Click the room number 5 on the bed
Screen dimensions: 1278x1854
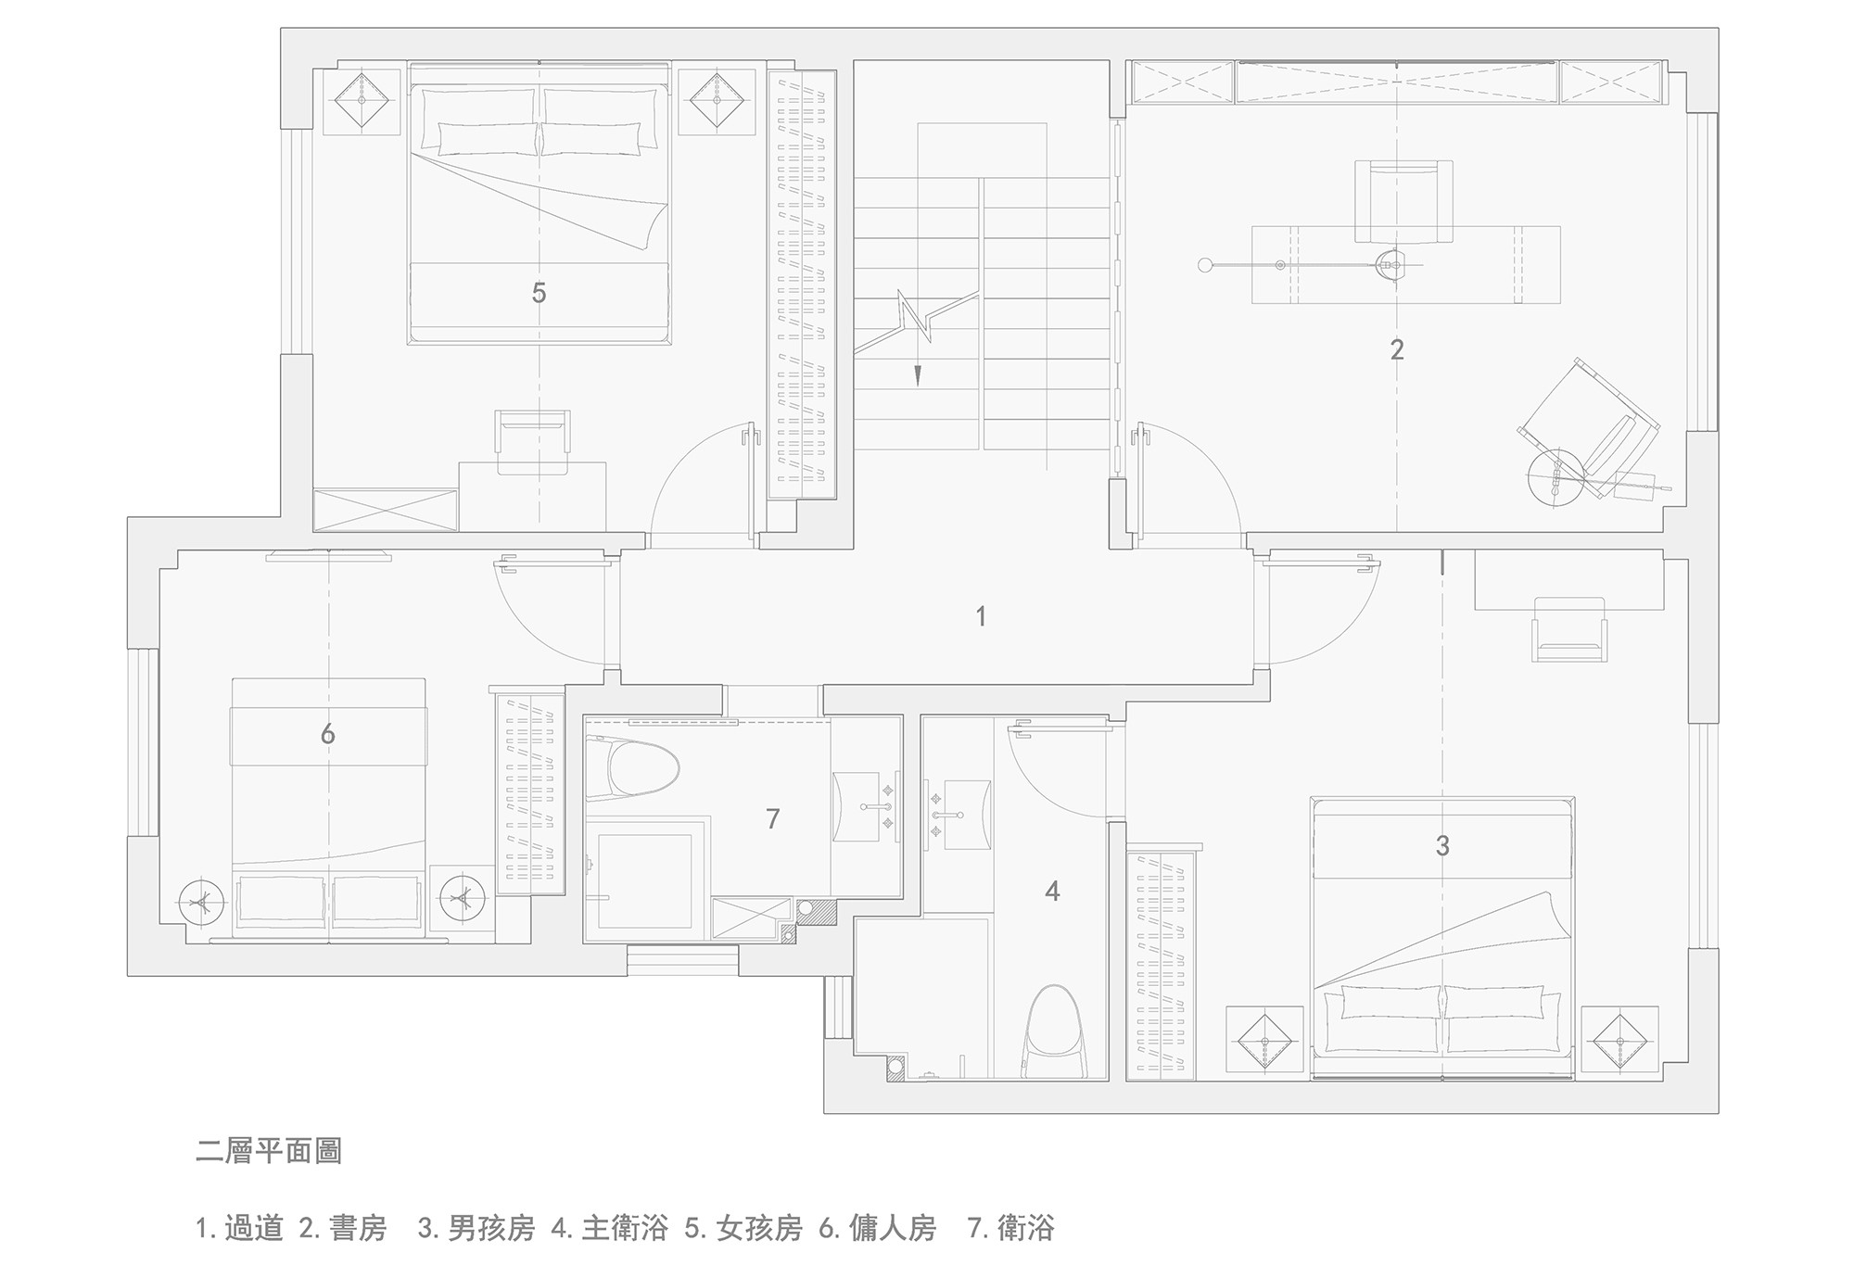(539, 294)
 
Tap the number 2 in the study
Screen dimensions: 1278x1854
(1397, 350)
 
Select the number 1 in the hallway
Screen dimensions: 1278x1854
(981, 616)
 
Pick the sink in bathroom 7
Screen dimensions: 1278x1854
(863, 806)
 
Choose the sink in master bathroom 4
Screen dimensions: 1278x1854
(962, 815)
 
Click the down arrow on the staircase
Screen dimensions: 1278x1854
(918, 373)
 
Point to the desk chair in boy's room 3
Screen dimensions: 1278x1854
(1568, 628)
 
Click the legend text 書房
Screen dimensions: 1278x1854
(357, 1229)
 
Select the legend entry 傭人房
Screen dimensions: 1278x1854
(893, 1229)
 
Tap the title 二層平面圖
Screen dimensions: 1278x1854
(269, 1151)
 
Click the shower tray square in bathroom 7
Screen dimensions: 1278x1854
(645, 879)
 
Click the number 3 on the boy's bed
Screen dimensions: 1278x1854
(1442, 846)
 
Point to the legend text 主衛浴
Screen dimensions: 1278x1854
(625, 1229)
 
